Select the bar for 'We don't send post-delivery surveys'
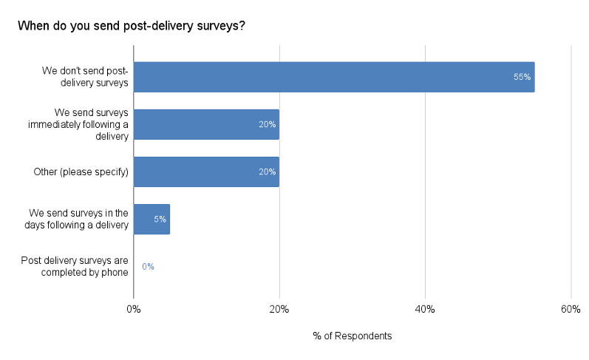tap(333, 77)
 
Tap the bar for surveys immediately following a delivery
tap(206, 124)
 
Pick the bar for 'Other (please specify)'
tap(206, 171)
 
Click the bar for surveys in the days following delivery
tap(151, 220)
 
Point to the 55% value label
tap(522, 77)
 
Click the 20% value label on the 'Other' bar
tap(267, 171)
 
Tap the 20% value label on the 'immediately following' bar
tap(267, 124)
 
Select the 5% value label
tap(160, 220)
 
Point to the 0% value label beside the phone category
tap(148, 267)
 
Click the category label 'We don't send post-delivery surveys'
tap(85, 77)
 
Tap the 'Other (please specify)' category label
tap(81, 172)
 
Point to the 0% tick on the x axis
tap(133, 309)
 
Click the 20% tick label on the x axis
tap(279, 309)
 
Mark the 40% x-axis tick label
tap(425, 309)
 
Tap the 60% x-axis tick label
tap(571, 309)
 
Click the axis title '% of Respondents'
tap(352, 336)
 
